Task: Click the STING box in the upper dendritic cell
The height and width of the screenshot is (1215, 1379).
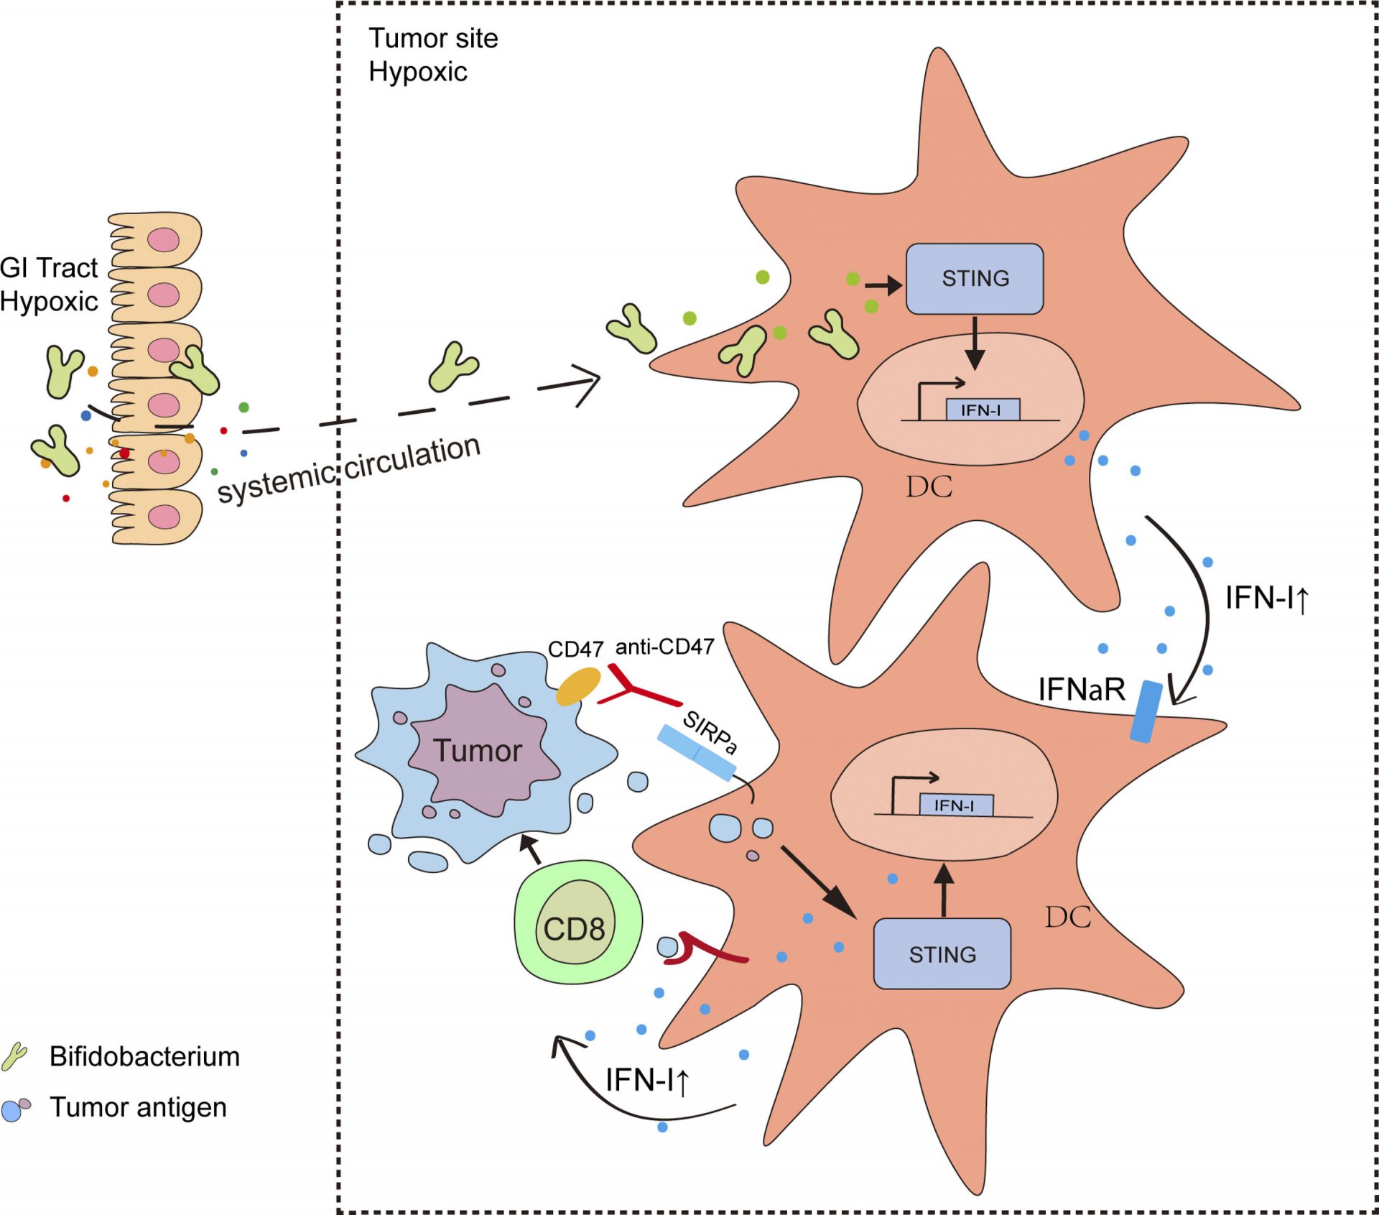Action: click(x=974, y=279)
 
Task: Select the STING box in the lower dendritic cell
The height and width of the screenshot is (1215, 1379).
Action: click(x=942, y=953)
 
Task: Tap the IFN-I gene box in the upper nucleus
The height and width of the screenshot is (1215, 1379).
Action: click(x=982, y=410)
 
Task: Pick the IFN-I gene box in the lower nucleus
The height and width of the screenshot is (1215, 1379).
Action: click(x=956, y=805)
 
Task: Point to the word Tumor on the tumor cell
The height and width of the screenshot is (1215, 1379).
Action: click(x=478, y=751)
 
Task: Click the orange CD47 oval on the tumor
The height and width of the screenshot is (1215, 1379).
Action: click(x=579, y=685)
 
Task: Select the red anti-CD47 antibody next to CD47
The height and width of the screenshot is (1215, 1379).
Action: click(x=636, y=690)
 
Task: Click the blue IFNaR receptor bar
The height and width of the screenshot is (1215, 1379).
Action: click(x=1146, y=711)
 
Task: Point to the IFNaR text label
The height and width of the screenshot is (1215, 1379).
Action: click(x=1081, y=690)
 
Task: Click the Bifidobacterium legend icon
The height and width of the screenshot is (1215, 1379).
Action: click(x=14, y=1056)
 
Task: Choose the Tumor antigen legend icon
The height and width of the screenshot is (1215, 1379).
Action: click(x=16, y=1109)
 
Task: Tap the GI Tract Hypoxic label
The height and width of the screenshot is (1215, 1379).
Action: click(x=49, y=285)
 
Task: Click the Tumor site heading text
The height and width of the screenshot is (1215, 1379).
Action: click(x=433, y=38)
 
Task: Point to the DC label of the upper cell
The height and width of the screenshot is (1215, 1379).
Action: click(x=929, y=487)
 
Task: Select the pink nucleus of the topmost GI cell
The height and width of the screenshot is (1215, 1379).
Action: click(x=164, y=240)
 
